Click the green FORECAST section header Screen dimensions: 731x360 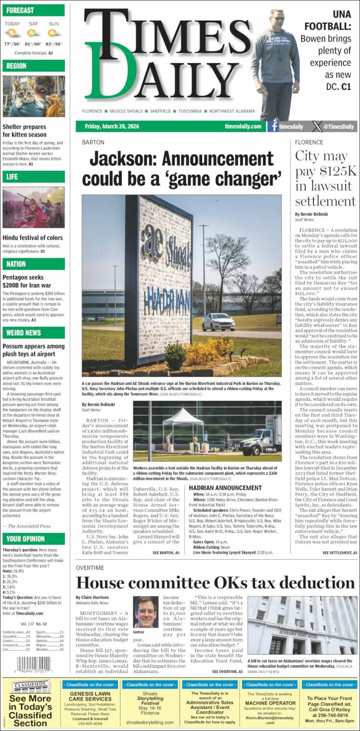[34, 10]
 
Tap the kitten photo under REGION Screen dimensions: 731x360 [34, 96]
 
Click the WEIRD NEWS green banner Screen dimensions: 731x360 [34, 333]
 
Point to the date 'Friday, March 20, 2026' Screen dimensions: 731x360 [112, 127]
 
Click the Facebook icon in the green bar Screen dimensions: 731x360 [274, 127]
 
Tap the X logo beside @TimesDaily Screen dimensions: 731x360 [317, 127]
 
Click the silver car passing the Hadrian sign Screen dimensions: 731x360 [218, 322]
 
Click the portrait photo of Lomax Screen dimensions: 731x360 [146, 612]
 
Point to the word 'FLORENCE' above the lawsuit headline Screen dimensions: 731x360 [309, 142]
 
